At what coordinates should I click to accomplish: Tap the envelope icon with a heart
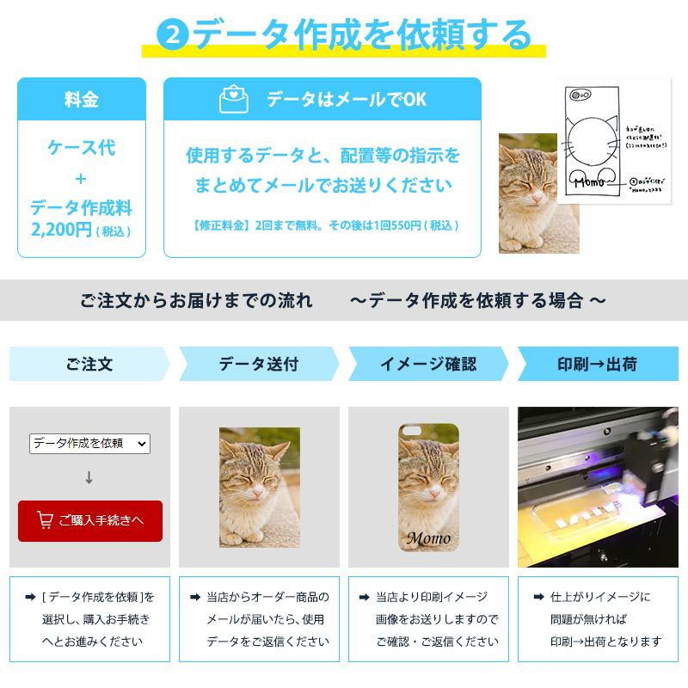[x=233, y=100]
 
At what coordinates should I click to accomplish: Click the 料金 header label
[x=82, y=100]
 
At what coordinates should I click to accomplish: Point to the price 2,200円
[x=61, y=230]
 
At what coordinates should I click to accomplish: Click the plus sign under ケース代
[x=82, y=179]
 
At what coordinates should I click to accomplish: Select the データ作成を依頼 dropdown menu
[x=89, y=443]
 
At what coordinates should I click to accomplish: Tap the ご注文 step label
[x=89, y=364]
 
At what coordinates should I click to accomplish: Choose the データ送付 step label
[x=258, y=364]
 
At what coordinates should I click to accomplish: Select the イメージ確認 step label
[x=427, y=364]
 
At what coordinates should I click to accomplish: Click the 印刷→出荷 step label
[x=597, y=364]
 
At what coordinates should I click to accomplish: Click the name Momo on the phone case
[x=427, y=539]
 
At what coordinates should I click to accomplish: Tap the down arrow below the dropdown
[x=89, y=477]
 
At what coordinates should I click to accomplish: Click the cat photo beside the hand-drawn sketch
[x=538, y=193]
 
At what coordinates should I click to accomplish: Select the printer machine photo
[x=598, y=487]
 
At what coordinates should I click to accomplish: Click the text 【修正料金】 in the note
[x=222, y=225]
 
